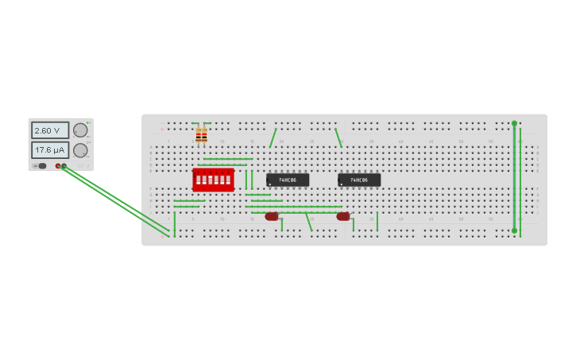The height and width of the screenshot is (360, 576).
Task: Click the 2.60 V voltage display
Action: pyautogui.click(x=49, y=130)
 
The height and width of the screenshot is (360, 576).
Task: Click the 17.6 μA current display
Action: pyautogui.click(x=49, y=149)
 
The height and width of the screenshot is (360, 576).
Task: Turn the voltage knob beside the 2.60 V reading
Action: pyautogui.click(x=80, y=130)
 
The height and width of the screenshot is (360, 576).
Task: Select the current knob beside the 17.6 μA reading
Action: pyautogui.click(x=80, y=150)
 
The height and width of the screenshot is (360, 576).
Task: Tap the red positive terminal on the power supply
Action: pyautogui.click(x=58, y=166)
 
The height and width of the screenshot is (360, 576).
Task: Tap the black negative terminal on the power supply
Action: pyautogui.click(x=64, y=166)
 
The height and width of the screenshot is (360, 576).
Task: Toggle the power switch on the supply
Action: pyautogui.click(x=42, y=166)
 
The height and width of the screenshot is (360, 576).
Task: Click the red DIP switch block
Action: pyautogui.click(x=213, y=180)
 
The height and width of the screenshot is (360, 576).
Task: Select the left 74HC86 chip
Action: pyautogui.click(x=287, y=180)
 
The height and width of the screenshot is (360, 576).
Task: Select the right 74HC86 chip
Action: pyautogui.click(x=359, y=180)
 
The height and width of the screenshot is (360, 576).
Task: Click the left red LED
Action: pyautogui.click(x=272, y=216)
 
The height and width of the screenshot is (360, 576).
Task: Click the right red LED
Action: pyautogui.click(x=343, y=216)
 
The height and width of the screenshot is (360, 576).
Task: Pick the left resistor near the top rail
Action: pyautogui.click(x=199, y=136)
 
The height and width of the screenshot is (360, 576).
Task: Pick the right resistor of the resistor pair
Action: pyautogui.click(x=204, y=136)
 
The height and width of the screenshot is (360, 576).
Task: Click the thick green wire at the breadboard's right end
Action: pyautogui.click(x=514, y=176)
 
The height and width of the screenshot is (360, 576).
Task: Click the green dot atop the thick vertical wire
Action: pyautogui.click(x=514, y=123)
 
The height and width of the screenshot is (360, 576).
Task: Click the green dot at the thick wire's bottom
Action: pyautogui.click(x=514, y=230)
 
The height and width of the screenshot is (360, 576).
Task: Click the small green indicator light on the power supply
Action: pyautogui.click(x=88, y=122)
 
